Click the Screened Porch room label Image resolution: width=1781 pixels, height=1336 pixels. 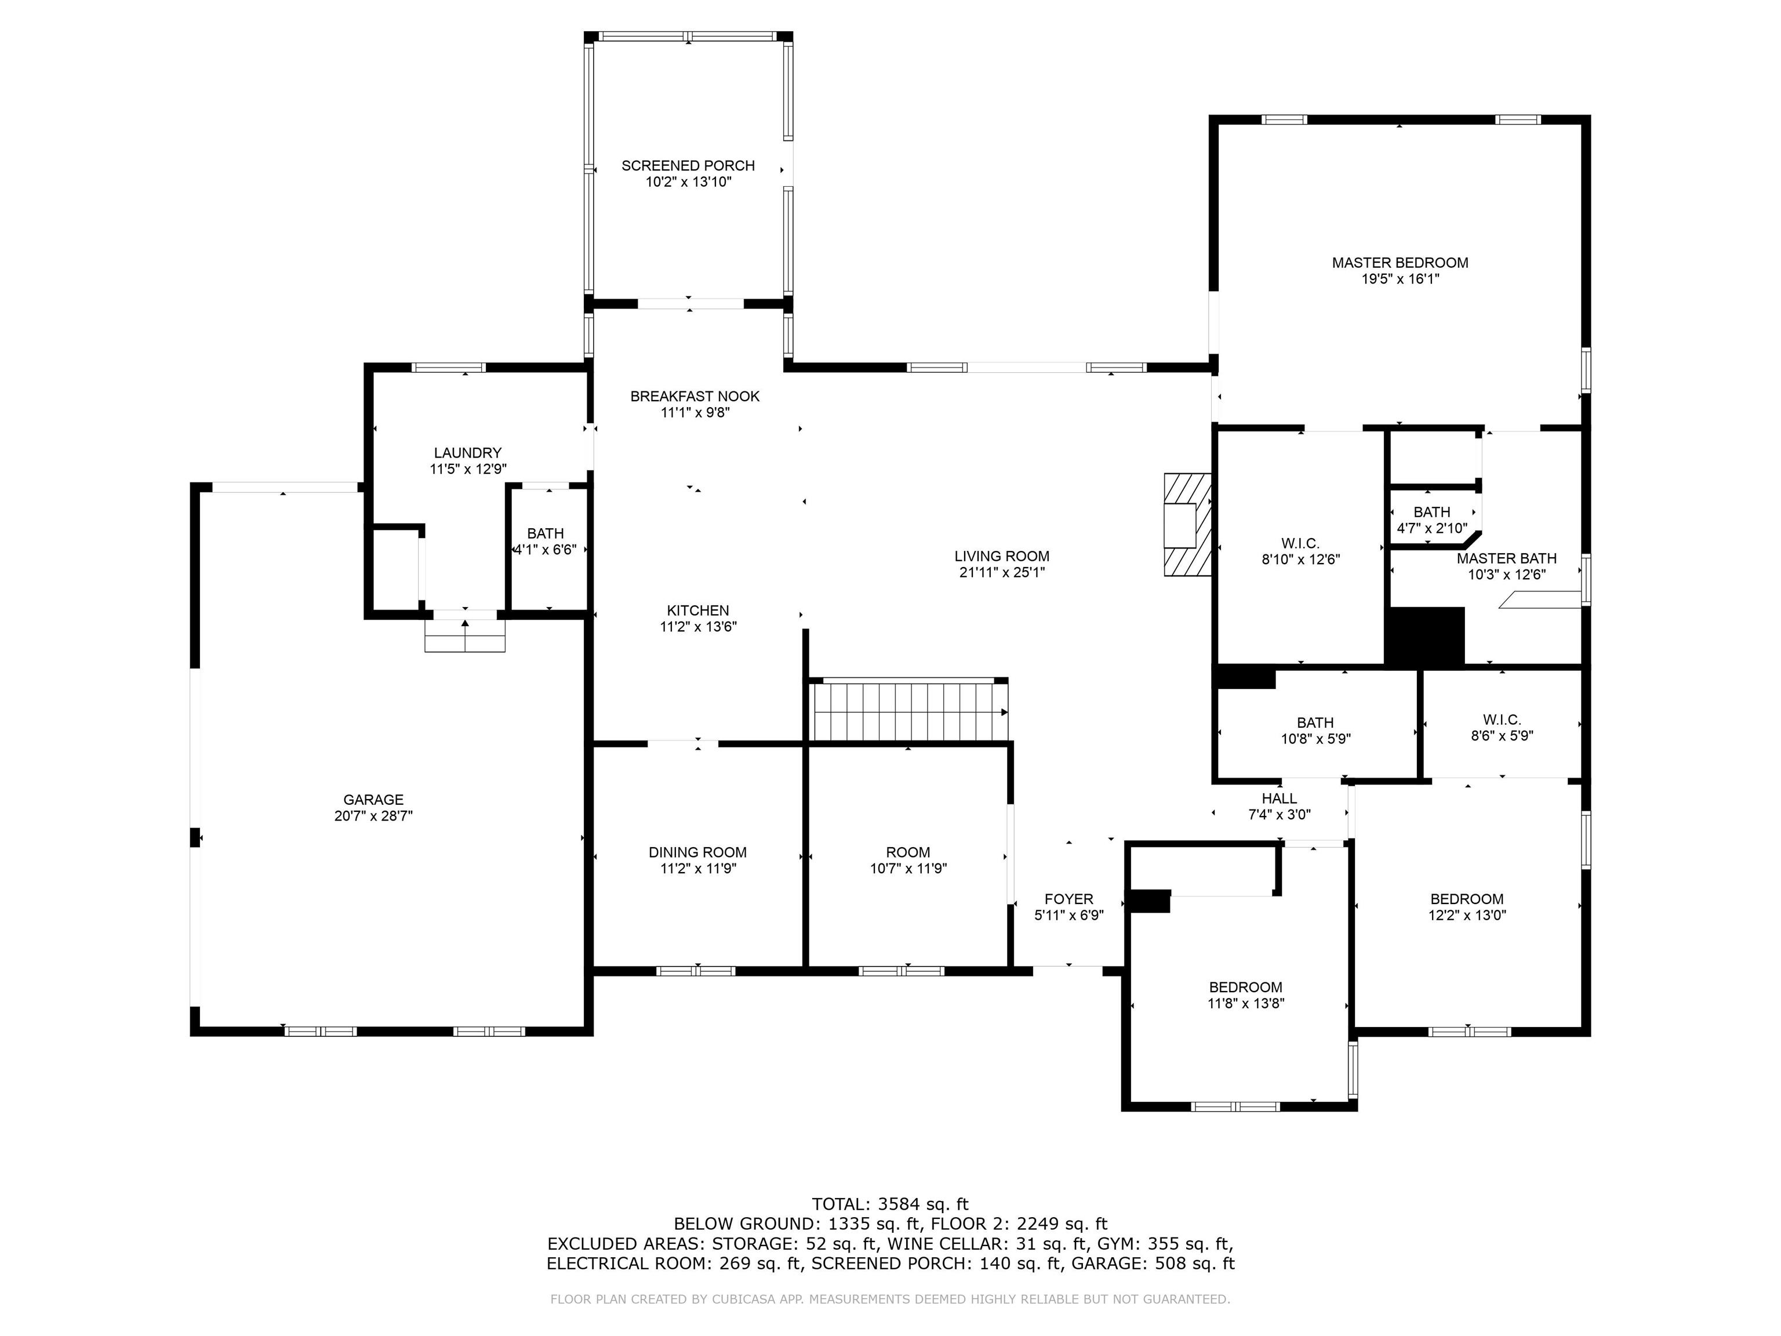pyautogui.click(x=688, y=166)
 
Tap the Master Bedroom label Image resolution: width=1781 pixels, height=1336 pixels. pyautogui.click(x=1400, y=263)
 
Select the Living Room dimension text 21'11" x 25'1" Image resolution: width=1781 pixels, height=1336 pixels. pyautogui.click(x=1002, y=572)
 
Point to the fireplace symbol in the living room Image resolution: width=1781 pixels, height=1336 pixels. pyautogui.click(x=1187, y=524)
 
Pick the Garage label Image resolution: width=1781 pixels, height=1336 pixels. pyautogui.click(x=373, y=800)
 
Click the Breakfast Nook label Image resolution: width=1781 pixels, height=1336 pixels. pyautogui.click(x=695, y=396)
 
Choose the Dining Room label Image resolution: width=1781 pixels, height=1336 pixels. pyautogui.click(x=697, y=852)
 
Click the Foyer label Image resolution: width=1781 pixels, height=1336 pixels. pyautogui.click(x=1068, y=899)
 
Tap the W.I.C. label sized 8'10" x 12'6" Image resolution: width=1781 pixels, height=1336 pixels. pyautogui.click(x=1300, y=543)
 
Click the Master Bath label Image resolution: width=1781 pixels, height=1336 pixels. pyautogui.click(x=1506, y=558)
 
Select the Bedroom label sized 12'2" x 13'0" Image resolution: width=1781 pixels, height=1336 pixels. pyautogui.click(x=1466, y=899)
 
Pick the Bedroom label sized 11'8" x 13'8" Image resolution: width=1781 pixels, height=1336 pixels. pyautogui.click(x=1245, y=988)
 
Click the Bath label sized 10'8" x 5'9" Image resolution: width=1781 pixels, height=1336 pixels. pyautogui.click(x=1315, y=723)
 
